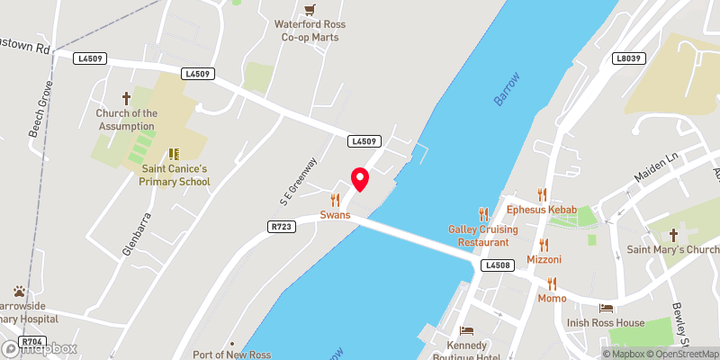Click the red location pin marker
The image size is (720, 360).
pos(360,178)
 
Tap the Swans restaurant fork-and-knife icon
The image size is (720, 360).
pos(335,200)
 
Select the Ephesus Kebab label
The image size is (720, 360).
pos(540,210)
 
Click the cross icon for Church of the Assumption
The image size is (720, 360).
pos(126,97)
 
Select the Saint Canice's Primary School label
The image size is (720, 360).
pos(175,175)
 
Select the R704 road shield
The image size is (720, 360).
pos(32,342)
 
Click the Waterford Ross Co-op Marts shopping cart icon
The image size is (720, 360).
pos(310,10)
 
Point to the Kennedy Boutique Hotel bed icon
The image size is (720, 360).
pos(465,331)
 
